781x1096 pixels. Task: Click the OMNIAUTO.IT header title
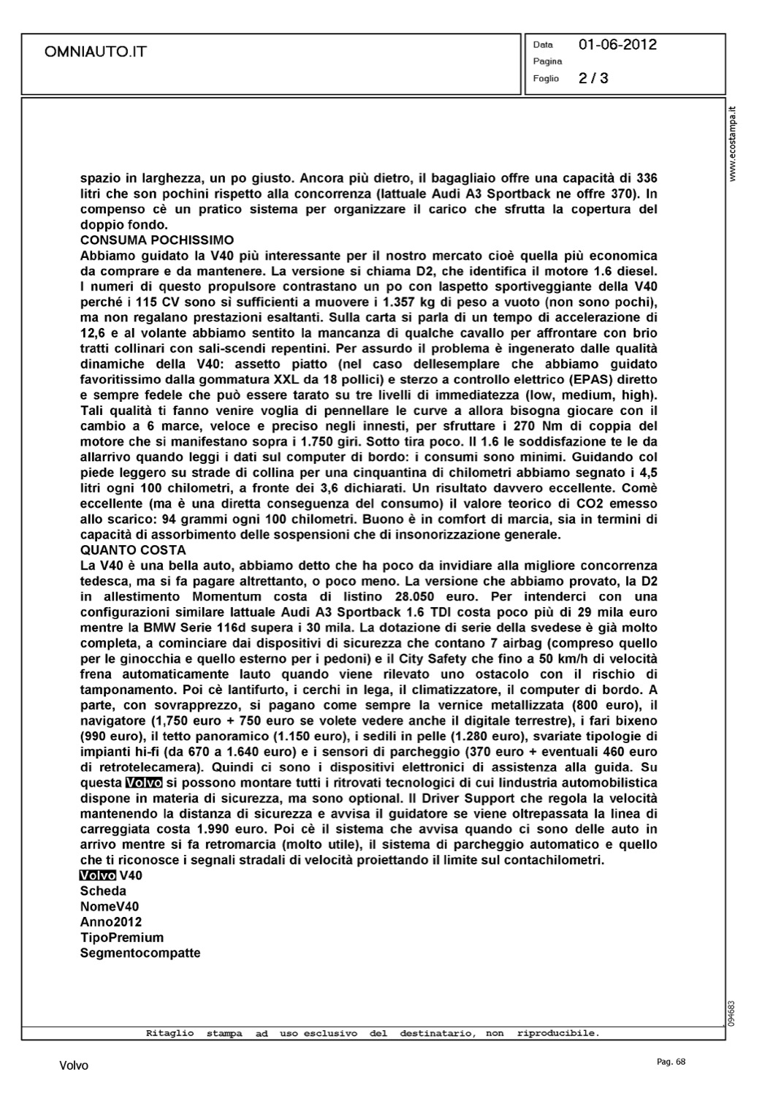[96, 51]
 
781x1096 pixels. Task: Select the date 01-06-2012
[617, 45]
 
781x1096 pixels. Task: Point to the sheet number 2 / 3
[593, 78]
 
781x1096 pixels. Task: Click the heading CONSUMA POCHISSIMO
[157, 240]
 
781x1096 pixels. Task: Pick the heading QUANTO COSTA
[133, 550]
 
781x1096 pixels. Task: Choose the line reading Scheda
[103, 891]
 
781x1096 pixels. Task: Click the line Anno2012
[111, 922]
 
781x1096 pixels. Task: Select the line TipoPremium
[122, 937]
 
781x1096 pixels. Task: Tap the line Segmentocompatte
[140, 953]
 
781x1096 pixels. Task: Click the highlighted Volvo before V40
[98, 875]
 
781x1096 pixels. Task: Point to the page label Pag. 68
[671, 1062]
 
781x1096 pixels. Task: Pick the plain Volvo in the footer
[74, 1066]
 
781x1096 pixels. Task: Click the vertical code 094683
[733, 1013]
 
